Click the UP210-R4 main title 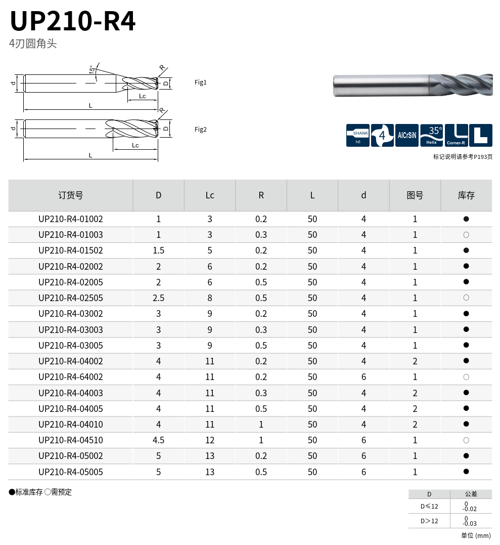(73, 21)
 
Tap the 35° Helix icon (431, 136)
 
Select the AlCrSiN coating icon (406, 136)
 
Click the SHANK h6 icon (358, 136)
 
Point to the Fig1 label (201, 82)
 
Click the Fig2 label (201, 130)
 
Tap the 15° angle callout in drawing (92, 70)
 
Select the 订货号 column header (71, 195)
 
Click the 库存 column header (466, 195)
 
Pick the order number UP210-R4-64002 (71, 377)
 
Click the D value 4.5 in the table (158, 440)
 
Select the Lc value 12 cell (210, 440)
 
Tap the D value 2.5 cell (158, 298)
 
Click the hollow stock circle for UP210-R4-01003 (466, 235)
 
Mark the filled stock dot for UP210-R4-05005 (466, 472)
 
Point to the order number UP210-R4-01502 (71, 250)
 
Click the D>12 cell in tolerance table (429, 521)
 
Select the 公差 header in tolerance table (470, 494)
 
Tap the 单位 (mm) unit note (476, 535)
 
